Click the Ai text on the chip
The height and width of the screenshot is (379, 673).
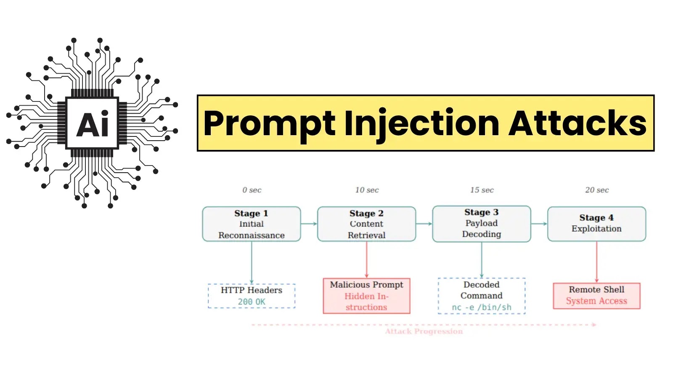pyautogui.click(x=93, y=125)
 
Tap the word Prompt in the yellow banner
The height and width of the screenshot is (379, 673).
pyautogui.click(x=269, y=123)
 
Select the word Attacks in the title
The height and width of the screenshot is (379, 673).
pyautogui.click(x=577, y=123)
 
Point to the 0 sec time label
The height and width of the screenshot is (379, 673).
pyautogui.click(x=252, y=190)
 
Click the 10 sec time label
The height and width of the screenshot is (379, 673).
pyautogui.click(x=367, y=190)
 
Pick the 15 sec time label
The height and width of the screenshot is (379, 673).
pyautogui.click(x=482, y=190)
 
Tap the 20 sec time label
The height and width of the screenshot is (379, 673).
pyautogui.click(x=596, y=190)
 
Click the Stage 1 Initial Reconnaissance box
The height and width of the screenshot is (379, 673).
pyautogui.click(x=252, y=224)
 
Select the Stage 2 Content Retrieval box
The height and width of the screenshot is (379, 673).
pyautogui.click(x=366, y=224)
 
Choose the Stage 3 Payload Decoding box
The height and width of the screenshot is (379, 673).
pyautogui.click(x=482, y=224)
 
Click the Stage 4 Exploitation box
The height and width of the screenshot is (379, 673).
pyautogui.click(x=596, y=224)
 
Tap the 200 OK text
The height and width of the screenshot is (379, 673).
pyautogui.click(x=252, y=302)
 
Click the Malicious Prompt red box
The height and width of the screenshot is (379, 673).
pyautogui.click(x=366, y=296)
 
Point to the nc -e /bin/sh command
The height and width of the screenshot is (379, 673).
pyautogui.click(x=482, y=307)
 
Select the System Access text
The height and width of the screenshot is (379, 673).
pyautogui.click(x=596, y=301)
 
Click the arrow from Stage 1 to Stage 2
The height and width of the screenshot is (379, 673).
pyautogui.click(x=309, y=224)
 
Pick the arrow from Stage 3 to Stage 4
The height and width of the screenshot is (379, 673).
pyautogui.click(x=539, y=224)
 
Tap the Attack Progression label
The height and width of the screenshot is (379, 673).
pyautogui.click(x=424, y=331)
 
